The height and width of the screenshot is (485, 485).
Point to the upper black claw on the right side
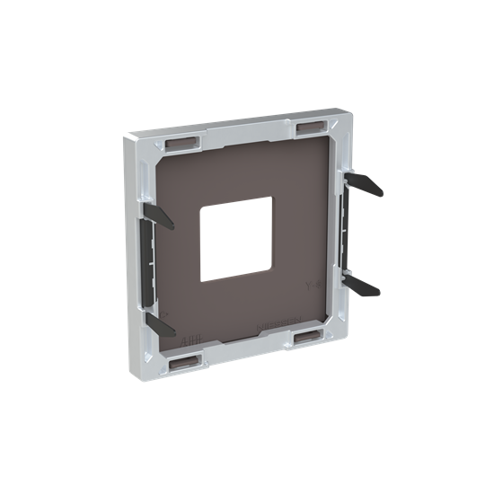tap(366, 183)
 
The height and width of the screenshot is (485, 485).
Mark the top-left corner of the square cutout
tap(201, 207)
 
